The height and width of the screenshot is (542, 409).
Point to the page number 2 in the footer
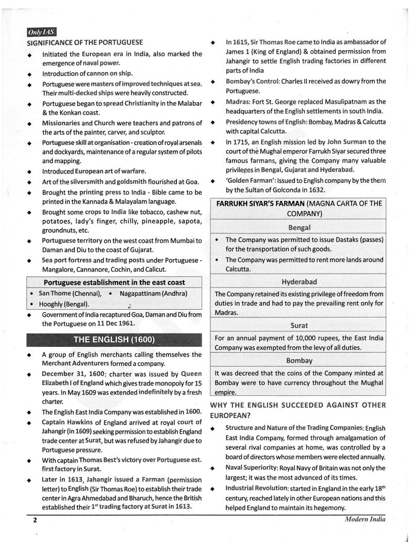coord(35,520)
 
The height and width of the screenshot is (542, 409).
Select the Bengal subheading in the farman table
coord(299,227)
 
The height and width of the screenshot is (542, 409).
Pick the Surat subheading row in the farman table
coord(299,325)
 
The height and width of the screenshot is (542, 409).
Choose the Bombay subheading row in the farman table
coord(299,360)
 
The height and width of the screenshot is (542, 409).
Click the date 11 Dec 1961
coord(112,324)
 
